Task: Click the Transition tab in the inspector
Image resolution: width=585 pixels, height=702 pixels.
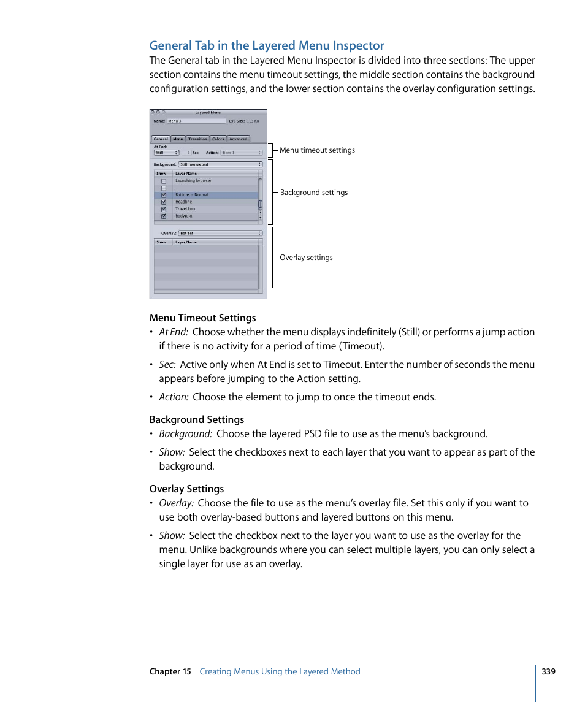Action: point(197,139)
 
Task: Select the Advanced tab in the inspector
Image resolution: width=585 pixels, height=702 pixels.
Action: point(239,139)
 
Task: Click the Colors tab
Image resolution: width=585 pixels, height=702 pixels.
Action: point(218,139)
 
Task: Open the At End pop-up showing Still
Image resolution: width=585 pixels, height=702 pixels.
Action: point(166,153)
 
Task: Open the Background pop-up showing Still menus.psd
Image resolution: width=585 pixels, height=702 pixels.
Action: point(220,164)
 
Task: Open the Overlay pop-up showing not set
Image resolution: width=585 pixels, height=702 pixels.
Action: point(220,233)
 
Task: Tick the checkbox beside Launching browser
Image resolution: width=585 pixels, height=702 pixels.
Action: point(164,181)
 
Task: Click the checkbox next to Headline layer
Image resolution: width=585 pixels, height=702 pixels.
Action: point(164,202)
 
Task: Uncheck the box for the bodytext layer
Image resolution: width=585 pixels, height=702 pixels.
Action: point(164,216)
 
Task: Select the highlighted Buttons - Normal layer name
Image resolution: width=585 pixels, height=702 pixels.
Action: point(192,195)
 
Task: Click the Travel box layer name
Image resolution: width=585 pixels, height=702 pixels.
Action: point(185,209)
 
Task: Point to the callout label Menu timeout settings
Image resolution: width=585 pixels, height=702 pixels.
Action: point(317,150)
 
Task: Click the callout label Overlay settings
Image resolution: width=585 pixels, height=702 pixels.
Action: point(306,258)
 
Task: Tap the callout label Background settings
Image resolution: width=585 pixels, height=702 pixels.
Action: point(313,193)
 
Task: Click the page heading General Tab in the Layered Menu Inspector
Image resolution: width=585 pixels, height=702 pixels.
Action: point(267,45)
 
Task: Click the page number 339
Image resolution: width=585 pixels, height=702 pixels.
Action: point(548,671)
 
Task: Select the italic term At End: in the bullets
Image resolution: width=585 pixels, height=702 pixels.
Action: point(174,332)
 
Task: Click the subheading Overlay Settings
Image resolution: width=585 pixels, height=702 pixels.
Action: point(186,489)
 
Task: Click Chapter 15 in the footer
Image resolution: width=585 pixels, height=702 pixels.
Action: point(170,671)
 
